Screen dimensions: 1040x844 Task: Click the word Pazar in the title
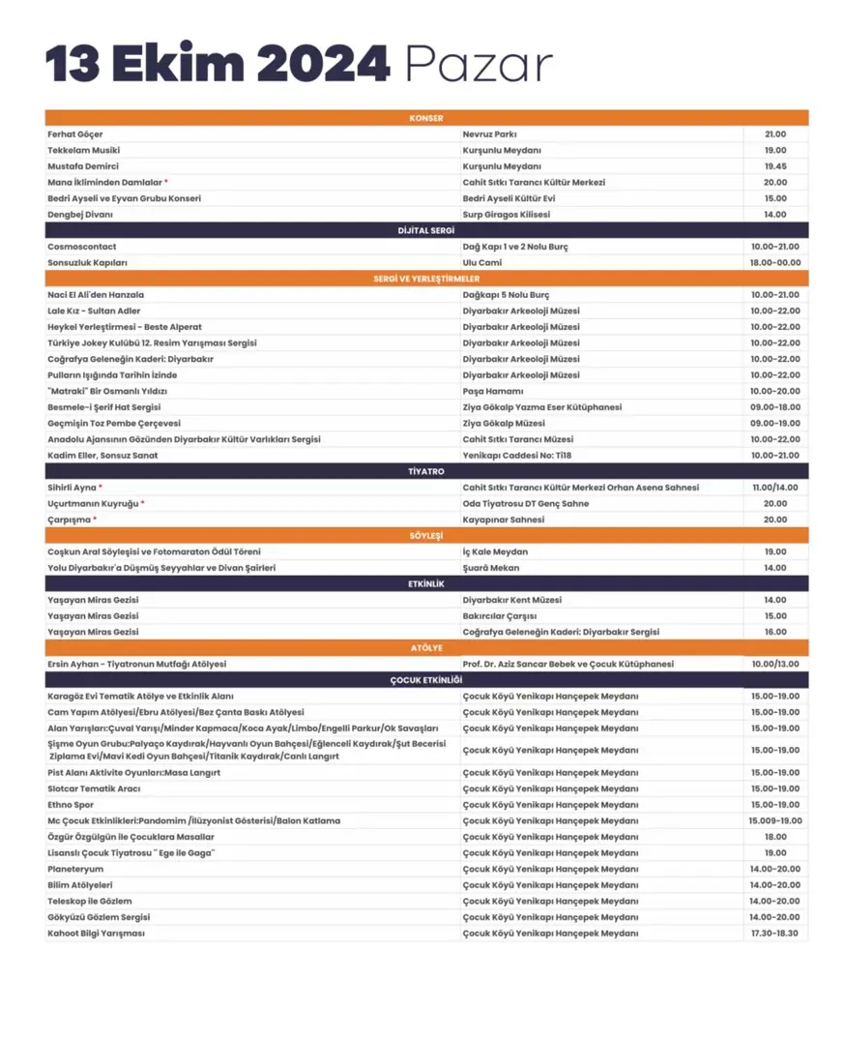479,65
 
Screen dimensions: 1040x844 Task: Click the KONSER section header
425,118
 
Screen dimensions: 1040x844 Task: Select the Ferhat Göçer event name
75,134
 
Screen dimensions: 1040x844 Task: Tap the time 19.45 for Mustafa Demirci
774,166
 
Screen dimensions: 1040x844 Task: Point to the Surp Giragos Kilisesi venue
506,215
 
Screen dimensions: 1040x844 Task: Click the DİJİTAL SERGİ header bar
425,230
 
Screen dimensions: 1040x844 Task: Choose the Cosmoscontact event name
82,247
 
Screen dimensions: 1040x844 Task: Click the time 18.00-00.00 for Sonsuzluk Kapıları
774,262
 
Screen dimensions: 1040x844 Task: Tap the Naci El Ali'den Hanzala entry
96,294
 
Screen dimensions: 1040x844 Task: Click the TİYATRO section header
425,471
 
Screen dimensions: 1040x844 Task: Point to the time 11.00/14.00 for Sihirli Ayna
774,488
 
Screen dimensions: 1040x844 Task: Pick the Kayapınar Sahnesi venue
503,520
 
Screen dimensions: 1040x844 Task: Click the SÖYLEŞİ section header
425,535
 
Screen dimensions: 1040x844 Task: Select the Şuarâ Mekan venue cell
491,568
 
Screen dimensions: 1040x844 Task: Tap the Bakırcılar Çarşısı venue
500,616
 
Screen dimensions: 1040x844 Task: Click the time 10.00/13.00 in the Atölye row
774,665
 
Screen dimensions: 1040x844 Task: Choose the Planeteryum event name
75,869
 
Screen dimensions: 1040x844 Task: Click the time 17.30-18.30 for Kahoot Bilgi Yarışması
774,934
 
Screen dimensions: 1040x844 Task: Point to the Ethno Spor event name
72,805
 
